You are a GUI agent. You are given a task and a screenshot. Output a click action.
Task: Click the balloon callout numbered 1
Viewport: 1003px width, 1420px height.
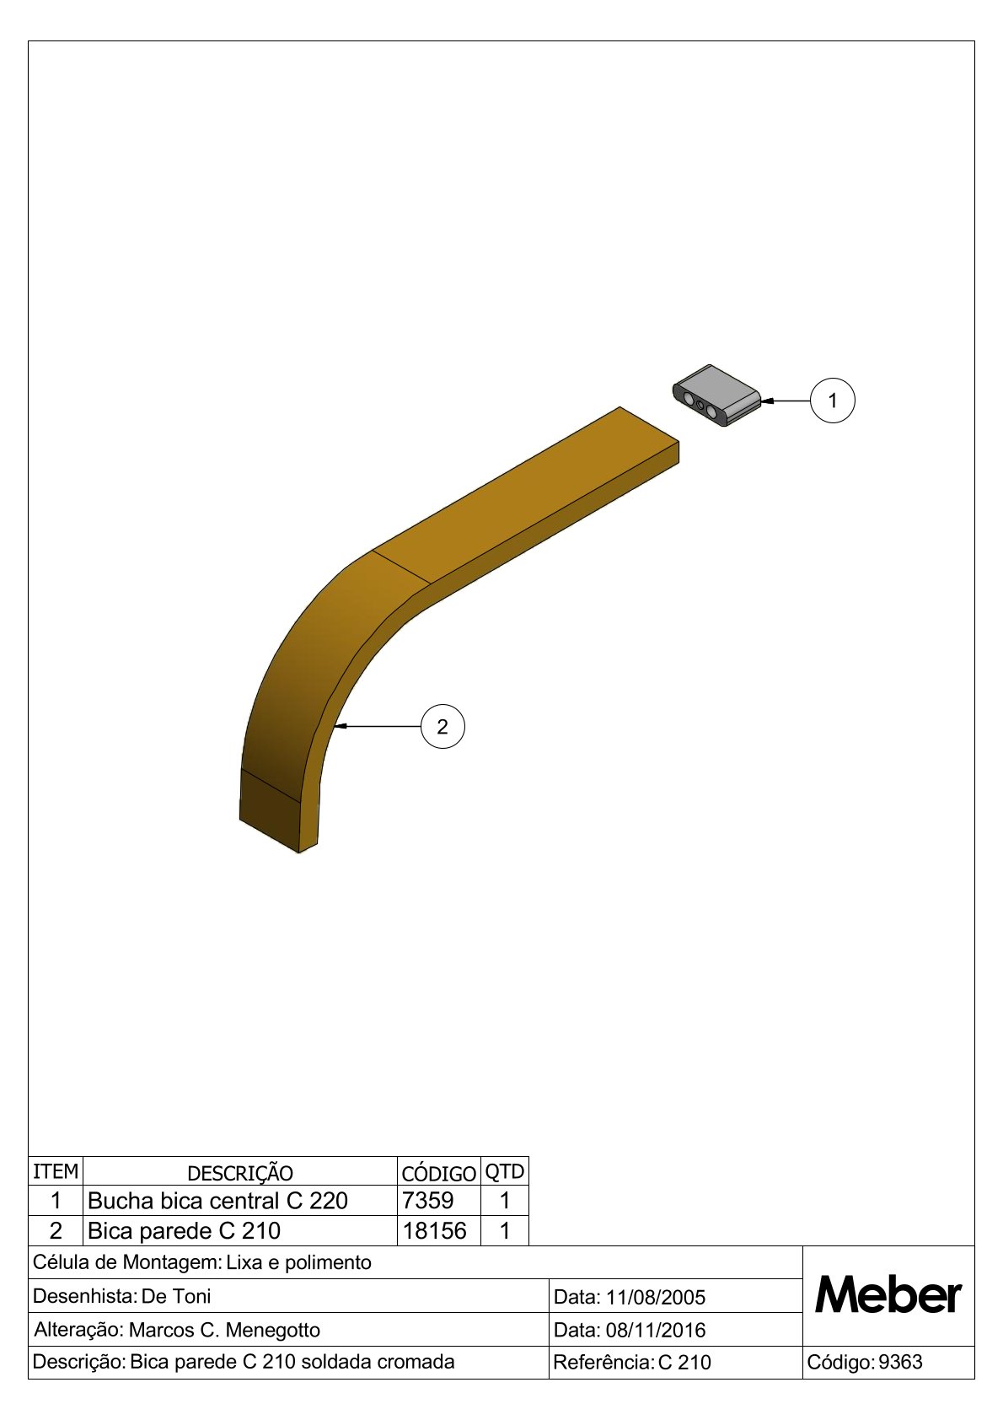click(x=833, y=401)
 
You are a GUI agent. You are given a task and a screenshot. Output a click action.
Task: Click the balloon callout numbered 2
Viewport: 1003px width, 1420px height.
click(x=442, y=727)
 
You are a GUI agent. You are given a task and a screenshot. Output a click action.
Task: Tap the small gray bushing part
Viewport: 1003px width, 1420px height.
click(x=716, y=395)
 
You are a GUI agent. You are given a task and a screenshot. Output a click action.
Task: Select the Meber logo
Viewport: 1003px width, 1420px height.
click(x=888, y=1295)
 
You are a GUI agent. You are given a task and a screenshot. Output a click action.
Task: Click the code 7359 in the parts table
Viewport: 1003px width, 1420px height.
click(x=428, y=1200)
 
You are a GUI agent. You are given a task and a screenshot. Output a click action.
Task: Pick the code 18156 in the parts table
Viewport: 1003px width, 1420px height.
click(x=435, y=1230)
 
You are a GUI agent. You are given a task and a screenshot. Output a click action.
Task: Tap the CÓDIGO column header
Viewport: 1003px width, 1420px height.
click(x=438, y=1174)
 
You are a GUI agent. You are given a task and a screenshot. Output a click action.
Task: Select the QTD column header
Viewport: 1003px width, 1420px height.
click(x=504, y=1172)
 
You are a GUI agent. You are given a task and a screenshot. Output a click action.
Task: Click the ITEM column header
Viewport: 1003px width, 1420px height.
click(x=56, y=1171)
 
